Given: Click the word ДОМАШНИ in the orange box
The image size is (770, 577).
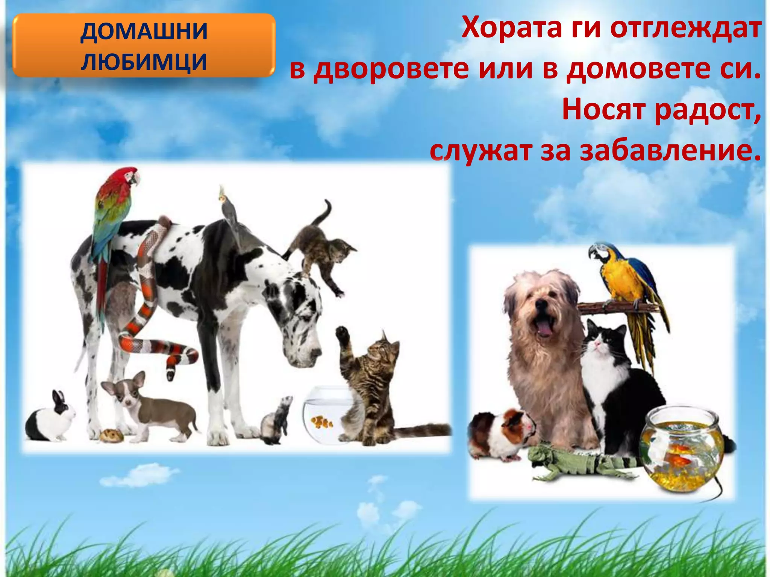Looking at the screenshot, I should [x=144, y=31].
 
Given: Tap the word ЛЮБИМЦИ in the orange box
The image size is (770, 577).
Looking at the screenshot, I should [x=144, y=62].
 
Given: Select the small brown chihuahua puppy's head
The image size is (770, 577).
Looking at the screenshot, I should [x=126, y=391].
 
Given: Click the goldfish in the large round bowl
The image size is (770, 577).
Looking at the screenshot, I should [x=677, y=458].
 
